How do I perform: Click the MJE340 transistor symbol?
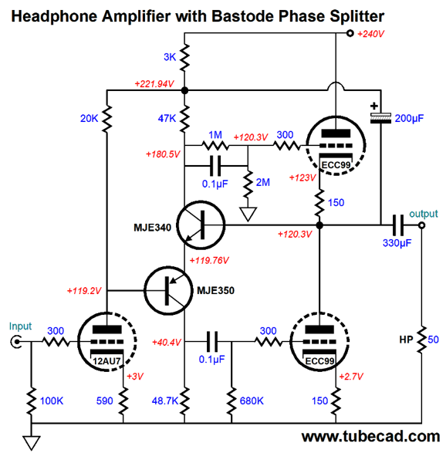tap(201, 225)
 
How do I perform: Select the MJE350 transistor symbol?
tap(168, 290)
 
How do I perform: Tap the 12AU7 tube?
tap(107, 341)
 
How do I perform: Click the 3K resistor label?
tap(170, 57)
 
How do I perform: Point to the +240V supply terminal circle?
tap(350, 33)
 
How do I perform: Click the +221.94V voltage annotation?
tap(154, 84)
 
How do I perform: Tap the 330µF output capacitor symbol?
tap(398, 225)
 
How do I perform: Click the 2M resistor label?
tap(263, 182)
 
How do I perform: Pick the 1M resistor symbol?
tap(215, 145)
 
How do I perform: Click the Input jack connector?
tap(16, 342)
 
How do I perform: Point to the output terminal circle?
tap(422, 225)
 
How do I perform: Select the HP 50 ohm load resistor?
tap(422, 340)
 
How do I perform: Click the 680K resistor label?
tap(252, 401)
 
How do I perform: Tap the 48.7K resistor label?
tap(165, 401)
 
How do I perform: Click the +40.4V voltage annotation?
tap(167, 343)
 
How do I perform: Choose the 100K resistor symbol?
tap(31, 401)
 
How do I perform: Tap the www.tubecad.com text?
tap(370, 436)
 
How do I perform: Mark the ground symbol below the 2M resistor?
tap(248, 214)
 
